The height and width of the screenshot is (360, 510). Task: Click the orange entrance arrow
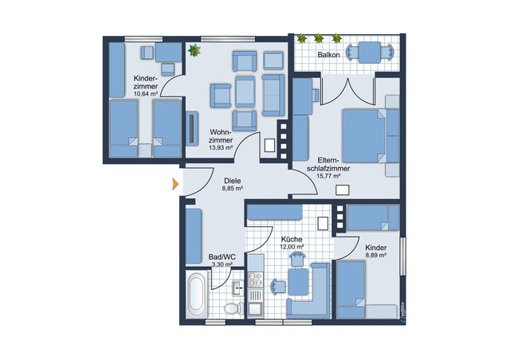click(x=175, y=186)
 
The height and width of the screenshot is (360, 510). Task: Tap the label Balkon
click(x=331, y=55)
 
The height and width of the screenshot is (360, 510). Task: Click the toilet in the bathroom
click(x=232, y=307)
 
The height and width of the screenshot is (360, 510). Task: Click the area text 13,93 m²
click(x=220, y=147)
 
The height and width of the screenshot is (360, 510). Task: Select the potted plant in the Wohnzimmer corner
click(x=193, y=50)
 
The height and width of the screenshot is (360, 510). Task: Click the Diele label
click(x=232, y=180)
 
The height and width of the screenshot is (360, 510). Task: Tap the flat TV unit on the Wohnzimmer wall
click(x=191, y=128)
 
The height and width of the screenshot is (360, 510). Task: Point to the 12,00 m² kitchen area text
click(x=292, y=247)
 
